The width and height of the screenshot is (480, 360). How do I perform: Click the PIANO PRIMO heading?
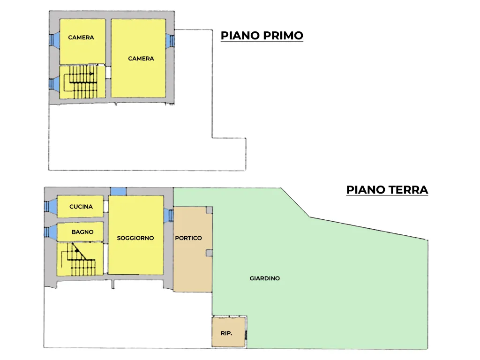(262, 36)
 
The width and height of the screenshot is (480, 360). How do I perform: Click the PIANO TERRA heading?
(387, 190)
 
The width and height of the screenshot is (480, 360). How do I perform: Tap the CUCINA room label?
(81, 207)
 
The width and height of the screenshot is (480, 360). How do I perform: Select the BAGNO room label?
(82, 232)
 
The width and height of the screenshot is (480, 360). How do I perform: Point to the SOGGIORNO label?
(135, 238)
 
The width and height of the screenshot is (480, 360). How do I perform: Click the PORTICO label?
(188, 238)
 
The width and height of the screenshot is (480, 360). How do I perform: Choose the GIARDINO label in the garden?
(264, 278)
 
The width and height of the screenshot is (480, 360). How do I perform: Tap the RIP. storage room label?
(226, 333)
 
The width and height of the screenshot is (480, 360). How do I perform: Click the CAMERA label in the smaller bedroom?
(81, 37)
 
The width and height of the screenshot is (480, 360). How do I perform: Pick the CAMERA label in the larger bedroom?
(141, 59)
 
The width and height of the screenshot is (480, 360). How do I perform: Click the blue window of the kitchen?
(50, 206)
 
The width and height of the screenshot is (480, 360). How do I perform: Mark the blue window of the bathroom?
(50, 232)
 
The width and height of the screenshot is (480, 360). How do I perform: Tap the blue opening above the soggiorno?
(119, 192)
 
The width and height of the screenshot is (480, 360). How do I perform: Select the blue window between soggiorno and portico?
(168, 216)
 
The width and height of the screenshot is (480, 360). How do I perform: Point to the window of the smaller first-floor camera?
(54, 40)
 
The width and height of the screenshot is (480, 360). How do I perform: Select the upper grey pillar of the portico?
(209, 210)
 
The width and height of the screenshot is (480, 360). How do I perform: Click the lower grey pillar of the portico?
(209, 253)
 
